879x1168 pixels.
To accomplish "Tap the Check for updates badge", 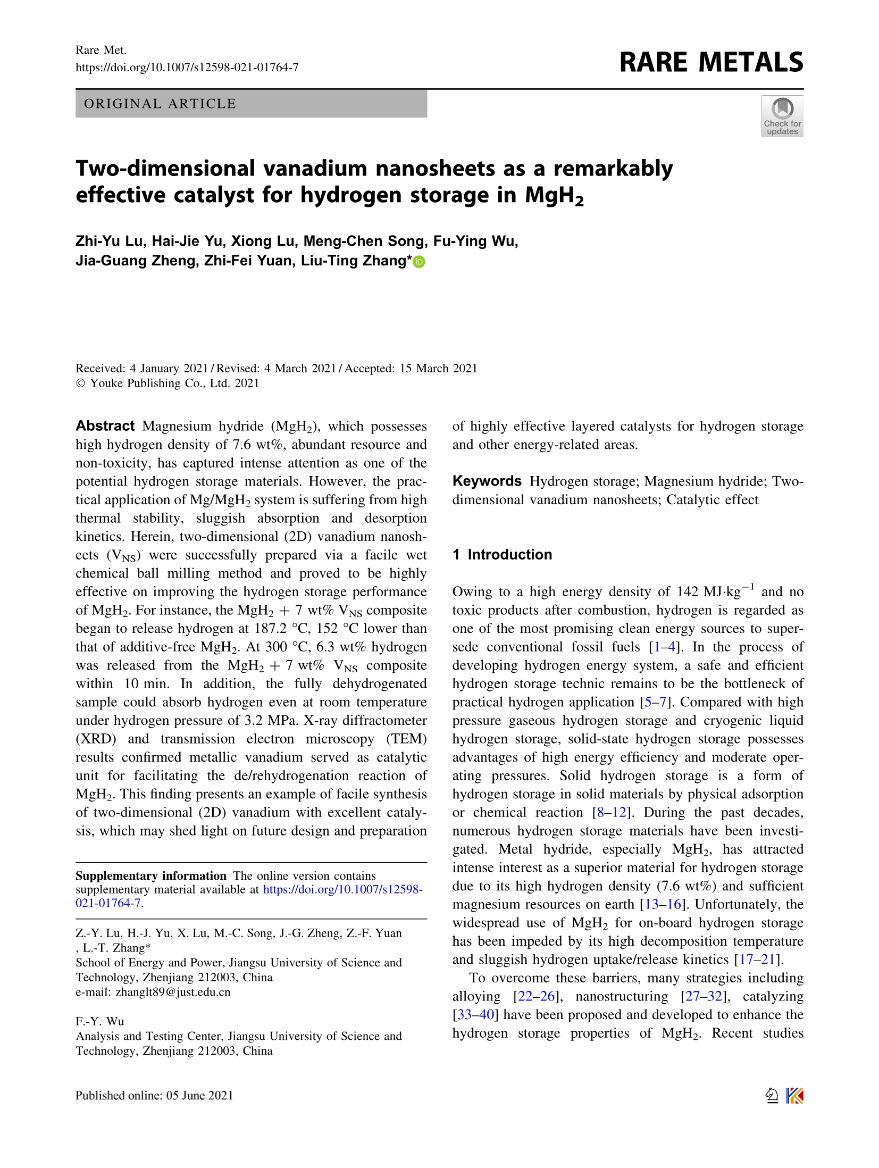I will (782, 116).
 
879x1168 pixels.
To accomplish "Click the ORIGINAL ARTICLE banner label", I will (160, 104).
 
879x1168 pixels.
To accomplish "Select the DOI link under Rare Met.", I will (187, 68).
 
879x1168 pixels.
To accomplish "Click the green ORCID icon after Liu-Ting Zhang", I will (419, 262).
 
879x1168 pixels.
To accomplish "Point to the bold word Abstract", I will (105, 426).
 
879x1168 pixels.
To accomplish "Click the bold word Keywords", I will (487, 481).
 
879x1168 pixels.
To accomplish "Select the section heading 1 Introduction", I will (502, 555).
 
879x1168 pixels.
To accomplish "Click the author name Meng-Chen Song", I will (365, 241).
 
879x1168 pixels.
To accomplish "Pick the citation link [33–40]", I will (475, 1015).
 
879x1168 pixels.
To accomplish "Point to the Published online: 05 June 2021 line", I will (154, 1095).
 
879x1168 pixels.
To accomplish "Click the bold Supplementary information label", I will (151, 876).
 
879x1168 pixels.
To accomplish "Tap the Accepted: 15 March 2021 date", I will (411, 369).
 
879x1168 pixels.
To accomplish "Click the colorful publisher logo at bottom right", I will (794, 1096).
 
